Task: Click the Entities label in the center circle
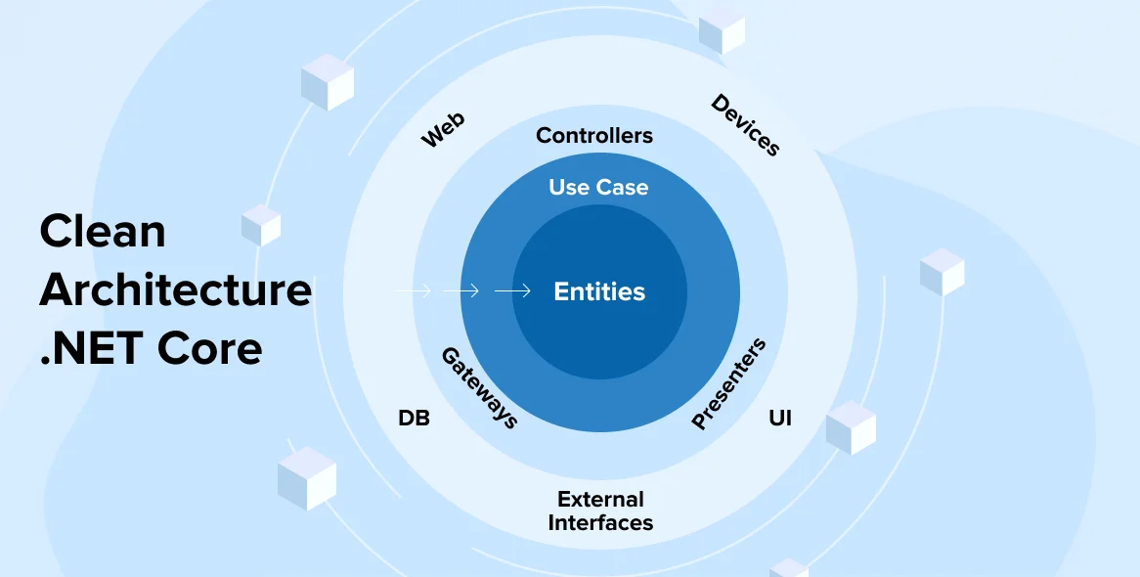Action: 599,291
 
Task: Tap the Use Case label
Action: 598,187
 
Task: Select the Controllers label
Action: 594,135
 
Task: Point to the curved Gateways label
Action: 479,387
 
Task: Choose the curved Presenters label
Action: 729,383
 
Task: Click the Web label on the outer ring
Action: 443,130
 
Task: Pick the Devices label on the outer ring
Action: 746,125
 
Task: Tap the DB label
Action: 414,419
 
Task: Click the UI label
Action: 780,419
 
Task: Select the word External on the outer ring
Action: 600,499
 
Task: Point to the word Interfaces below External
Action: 600,523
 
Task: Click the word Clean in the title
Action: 103,231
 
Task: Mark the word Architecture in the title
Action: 176,289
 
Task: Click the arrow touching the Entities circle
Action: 512,290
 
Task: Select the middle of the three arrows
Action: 460,290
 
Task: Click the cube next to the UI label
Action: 851,427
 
